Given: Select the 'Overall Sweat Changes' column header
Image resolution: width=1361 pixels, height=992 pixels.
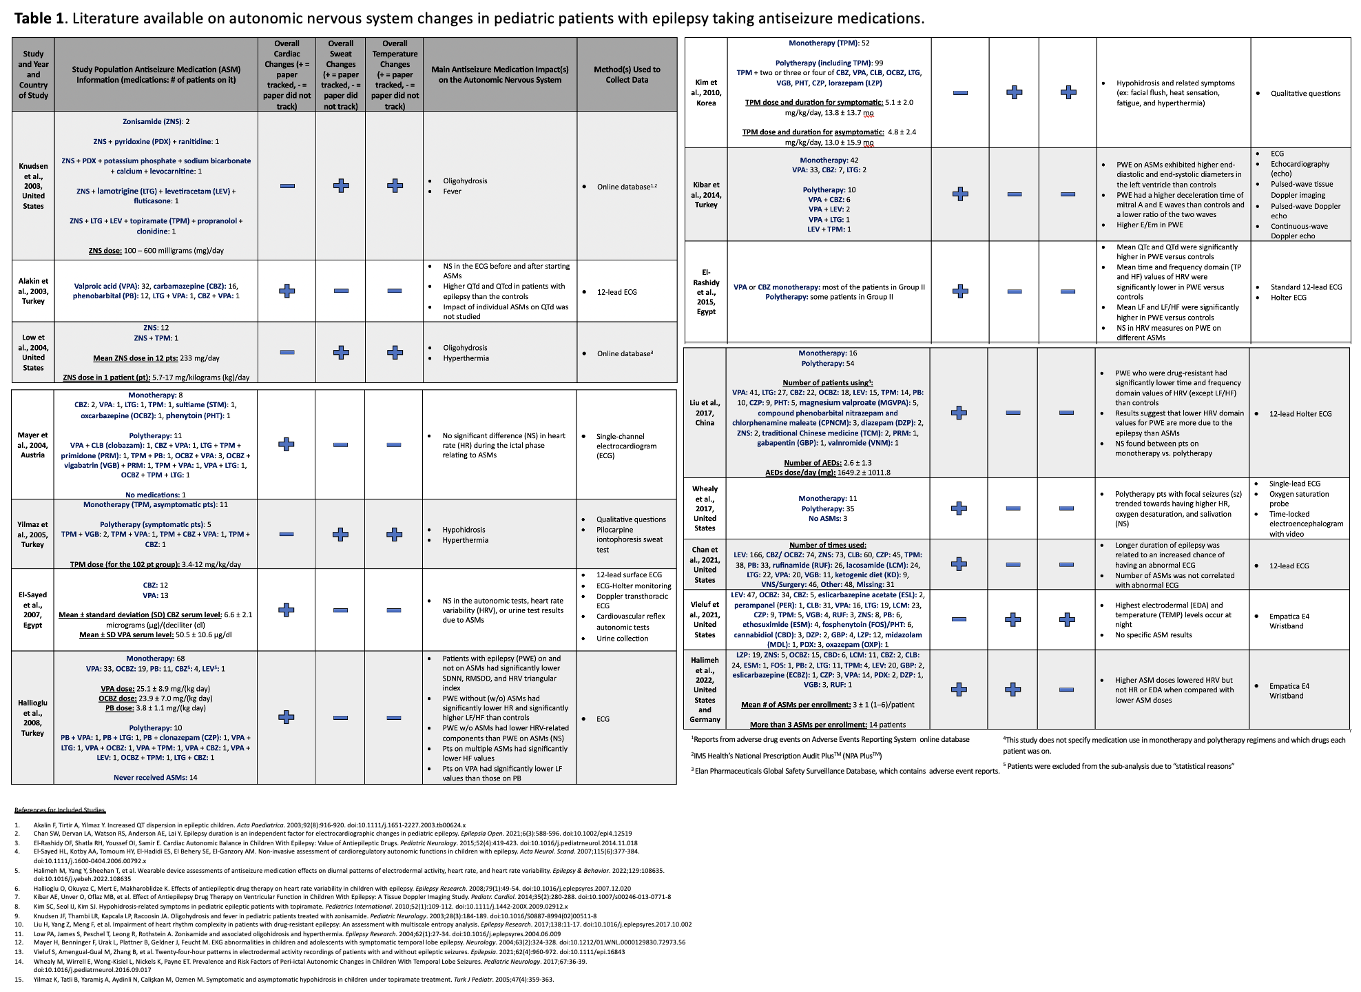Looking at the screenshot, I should (341, 74).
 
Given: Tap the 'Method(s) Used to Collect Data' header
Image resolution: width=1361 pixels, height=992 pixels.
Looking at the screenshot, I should (627, 74).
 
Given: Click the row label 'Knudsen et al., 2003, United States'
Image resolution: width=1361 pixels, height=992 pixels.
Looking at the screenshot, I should (33, 186).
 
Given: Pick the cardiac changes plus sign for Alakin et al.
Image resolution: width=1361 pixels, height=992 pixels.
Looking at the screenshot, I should (287, 291).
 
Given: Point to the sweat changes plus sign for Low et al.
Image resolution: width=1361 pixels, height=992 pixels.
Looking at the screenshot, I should (341, 352).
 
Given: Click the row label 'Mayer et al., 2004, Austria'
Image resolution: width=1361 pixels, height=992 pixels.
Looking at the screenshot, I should (33, 445).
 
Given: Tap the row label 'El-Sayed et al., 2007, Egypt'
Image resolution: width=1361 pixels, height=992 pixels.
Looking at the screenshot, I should (33, 610).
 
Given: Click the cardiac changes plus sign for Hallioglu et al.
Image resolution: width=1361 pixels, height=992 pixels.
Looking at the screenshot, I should (287, 717).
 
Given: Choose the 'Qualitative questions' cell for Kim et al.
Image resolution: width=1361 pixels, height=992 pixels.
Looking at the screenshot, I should (1305, 94).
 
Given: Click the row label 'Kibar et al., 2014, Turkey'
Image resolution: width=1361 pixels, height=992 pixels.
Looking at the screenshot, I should (706, 195).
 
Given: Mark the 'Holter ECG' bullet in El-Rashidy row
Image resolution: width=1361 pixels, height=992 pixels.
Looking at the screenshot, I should (1288, 298).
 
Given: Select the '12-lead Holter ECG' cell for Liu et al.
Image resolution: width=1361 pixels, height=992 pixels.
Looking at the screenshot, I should (1300, 414).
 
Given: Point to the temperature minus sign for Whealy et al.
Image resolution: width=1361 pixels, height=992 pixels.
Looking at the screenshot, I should (1066, 508).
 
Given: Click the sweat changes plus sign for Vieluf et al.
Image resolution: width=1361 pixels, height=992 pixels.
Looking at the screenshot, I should (1013, 620).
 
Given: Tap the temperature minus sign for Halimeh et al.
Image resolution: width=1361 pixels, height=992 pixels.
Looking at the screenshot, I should (1066, 689).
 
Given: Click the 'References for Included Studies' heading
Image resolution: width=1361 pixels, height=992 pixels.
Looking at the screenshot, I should (60, 810).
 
